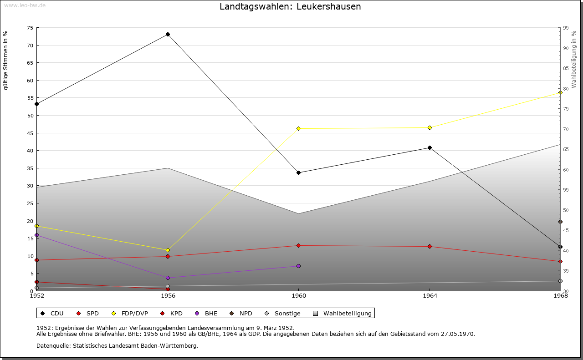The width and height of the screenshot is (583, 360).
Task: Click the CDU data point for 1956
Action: click(x=168, y=34)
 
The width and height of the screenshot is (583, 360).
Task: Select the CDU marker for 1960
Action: click(x=298, y=172)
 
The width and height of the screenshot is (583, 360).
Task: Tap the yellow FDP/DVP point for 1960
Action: click(x=298, y=128)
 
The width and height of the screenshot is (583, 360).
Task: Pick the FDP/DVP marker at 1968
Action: click(x=560, y=92)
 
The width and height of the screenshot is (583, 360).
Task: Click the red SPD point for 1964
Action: click(x=430, y=246)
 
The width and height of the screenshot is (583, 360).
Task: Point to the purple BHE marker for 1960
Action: click(x=298, y=266)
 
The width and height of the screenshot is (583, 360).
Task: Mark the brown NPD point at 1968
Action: click(x=560, y=222)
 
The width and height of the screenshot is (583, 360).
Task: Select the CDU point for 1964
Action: click(x=430, y=147)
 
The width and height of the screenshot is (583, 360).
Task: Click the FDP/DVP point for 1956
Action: click(x=168, y=250)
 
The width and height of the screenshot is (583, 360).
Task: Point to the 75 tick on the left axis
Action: click(x=30, y=28)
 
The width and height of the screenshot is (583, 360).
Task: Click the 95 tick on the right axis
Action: click(x=566, y=28)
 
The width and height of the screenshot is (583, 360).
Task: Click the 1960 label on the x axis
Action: click(x=298, y=296)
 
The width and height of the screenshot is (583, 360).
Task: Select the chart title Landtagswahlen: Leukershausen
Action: click(x=290, y=6)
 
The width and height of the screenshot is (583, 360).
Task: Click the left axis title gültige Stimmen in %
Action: click(x=5, y=60)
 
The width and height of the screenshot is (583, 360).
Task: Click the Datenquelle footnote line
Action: click(x=117, y=345)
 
